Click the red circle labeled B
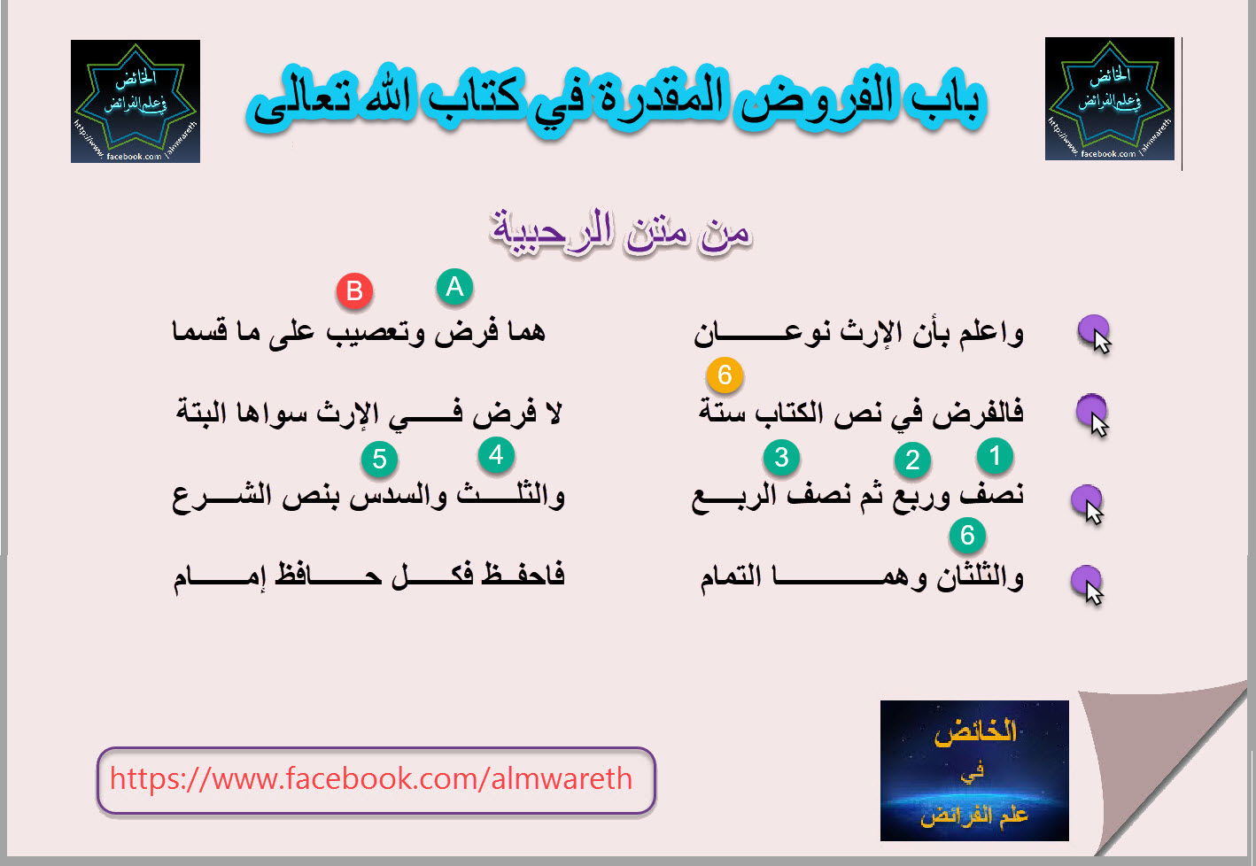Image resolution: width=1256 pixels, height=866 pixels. pyautogui.click(x=354, y=291)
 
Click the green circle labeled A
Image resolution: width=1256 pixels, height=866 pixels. pyautogui.click(x=454, y=287)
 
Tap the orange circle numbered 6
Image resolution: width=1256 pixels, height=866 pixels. pyautogui.click(x=725, y=375)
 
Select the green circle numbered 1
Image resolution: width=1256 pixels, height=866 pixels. pyautogui.click(x=995, y=455)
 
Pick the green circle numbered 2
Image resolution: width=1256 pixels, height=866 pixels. pyautogui.click(x=912, y=460)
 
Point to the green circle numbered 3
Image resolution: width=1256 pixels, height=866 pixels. pyautogui.click(x=781, y=458)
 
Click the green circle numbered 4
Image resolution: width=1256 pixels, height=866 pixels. pyautogui.click(x=496, y=455)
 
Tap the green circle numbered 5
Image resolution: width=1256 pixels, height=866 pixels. pyautogui.click(x=380, y=459)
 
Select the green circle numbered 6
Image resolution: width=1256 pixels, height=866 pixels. pyautogui.click(x=967, y=536)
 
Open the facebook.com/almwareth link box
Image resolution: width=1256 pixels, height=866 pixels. pyautogui.click(x=376, y=780)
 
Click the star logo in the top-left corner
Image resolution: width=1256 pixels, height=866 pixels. pyautogui.click(x=136, y=102)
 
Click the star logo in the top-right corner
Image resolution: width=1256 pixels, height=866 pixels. pyautogui.click(x=1110, y=99)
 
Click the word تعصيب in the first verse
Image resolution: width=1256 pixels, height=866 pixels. pyautogui.click(x=369, y=332)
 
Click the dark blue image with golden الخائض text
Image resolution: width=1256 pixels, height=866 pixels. pyautogui.click(x=974, y=770)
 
